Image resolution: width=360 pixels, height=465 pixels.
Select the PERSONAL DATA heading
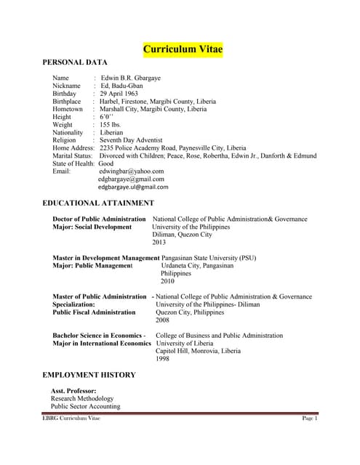tap(75, 63)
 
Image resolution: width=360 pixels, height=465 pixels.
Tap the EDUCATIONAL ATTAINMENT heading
tap(98, 203)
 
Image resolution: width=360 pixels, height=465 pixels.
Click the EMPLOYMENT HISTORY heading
tap(89, 374)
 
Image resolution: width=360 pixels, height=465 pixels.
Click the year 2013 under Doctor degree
tap(159, 243)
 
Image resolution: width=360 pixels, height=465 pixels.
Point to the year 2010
tap(167, 281)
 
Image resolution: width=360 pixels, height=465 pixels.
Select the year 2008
tap(162, 320)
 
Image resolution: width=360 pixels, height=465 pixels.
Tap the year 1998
tap(162, 359)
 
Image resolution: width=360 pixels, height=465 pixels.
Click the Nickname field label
tap(67, 86)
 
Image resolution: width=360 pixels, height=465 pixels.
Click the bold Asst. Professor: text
tap(73, 391)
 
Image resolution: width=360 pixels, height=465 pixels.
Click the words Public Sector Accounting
tap(85, 407)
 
